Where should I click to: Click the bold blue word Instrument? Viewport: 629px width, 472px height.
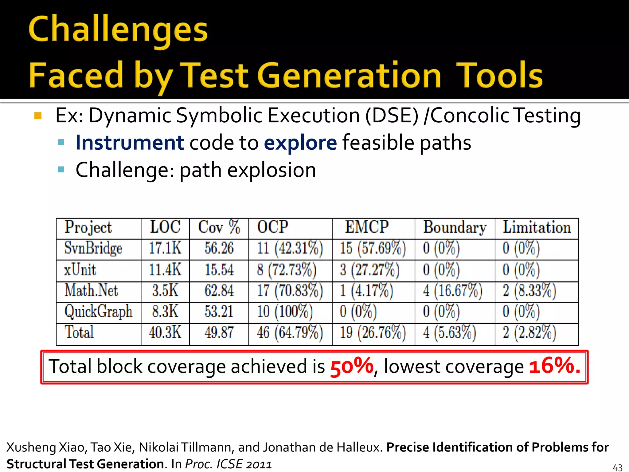tap(130, 143)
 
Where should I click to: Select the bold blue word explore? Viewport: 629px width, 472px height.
tap(300, 143)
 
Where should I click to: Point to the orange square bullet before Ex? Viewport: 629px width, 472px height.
tap(38, 116)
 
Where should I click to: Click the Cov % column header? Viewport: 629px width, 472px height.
tap(219, 227)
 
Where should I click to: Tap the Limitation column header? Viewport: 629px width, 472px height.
tap(537, 227)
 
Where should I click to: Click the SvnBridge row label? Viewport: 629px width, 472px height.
tap(93, 248)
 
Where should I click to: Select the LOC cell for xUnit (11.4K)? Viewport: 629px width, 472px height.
tap(165, 269)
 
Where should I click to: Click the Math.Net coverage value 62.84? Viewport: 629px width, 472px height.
tap(219, 291)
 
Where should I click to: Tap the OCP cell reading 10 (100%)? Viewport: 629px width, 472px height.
tap(285, 312)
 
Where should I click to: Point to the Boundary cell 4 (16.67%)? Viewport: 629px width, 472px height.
tap(452, 291)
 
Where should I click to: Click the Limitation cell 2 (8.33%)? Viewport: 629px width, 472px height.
tap(529, 291)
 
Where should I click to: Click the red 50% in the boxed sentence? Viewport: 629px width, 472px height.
tap(352, 367)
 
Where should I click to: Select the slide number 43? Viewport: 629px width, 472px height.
tap(617, 467)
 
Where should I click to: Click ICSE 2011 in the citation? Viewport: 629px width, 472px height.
tap(244, 464)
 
